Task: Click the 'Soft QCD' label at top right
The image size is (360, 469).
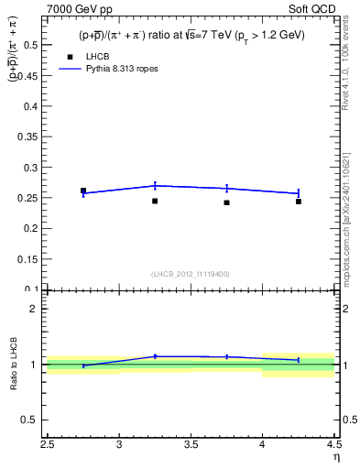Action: (315, 7)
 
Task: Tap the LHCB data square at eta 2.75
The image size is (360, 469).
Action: (83, 191)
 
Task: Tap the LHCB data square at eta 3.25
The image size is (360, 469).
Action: (155, 201)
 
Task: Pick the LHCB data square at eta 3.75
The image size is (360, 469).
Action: (226, 202)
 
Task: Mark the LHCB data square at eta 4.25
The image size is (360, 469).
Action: (299, 201)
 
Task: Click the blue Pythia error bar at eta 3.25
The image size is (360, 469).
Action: (155, 185)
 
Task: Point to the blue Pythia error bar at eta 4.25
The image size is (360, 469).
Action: (299, 193)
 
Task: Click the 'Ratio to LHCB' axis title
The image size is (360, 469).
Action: (14, 364)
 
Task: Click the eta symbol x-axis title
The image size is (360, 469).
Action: (336, 456)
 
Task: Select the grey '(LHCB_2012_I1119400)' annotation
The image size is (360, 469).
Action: (191, 274)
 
